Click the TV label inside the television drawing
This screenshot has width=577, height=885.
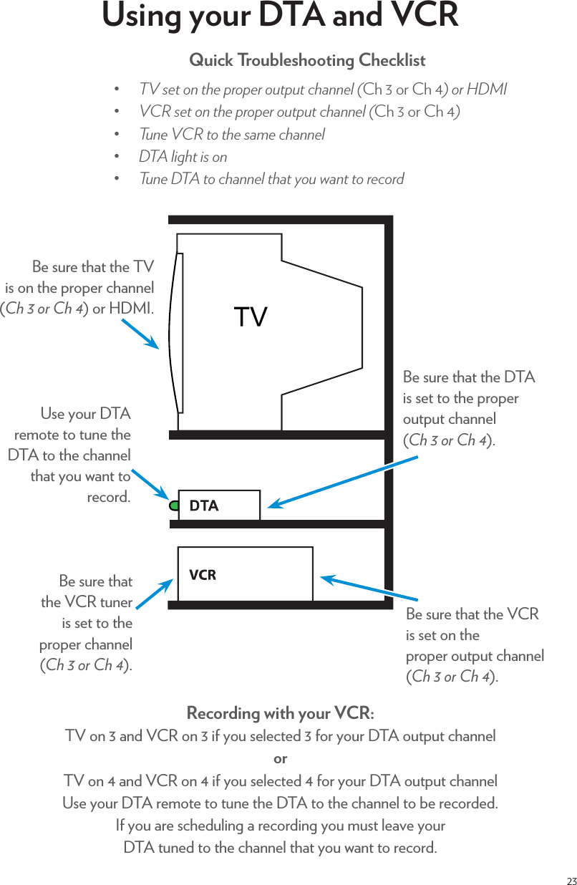click(251, 316)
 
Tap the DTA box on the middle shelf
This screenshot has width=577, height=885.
click(218, 506)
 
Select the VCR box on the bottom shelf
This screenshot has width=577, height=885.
click(245, 574)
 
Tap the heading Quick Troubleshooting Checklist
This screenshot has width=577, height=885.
click(307, 60)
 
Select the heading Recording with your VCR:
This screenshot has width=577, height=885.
click(280, 714)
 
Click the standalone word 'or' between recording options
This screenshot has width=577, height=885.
click(281, 758)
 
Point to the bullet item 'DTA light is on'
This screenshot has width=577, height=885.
click(183, 157)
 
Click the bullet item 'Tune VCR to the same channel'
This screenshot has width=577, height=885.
click(231, 135)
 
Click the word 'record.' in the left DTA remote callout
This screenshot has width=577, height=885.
click(109, 497)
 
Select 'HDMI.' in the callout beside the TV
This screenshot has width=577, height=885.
click(132, 309)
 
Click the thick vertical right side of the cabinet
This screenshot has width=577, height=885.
click(389, 412)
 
